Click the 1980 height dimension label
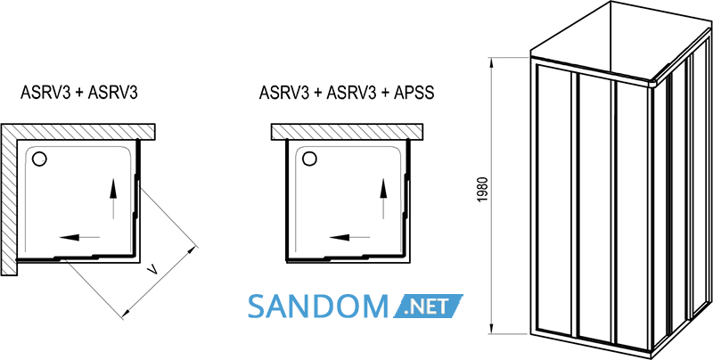click(x=484, y=190)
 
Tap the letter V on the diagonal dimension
click(x=153, y=272)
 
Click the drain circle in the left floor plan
click(x=39, y=159)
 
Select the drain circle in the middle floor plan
click(x=309, y=159)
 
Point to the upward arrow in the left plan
click(x=113, y=199)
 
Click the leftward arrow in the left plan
click(x=79, y=237)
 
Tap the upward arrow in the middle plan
click(x=383, y=199)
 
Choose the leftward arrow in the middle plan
click(x=349, y=237)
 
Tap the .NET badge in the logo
click(x=428, y=306)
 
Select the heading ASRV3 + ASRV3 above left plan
click(x=79, y=93)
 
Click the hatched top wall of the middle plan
click(x=347, y=131)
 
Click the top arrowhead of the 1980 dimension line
click(x=491, y=62)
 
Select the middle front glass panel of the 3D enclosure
click(x=595, y=208)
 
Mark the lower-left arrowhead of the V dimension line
click(x=126, y=313)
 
